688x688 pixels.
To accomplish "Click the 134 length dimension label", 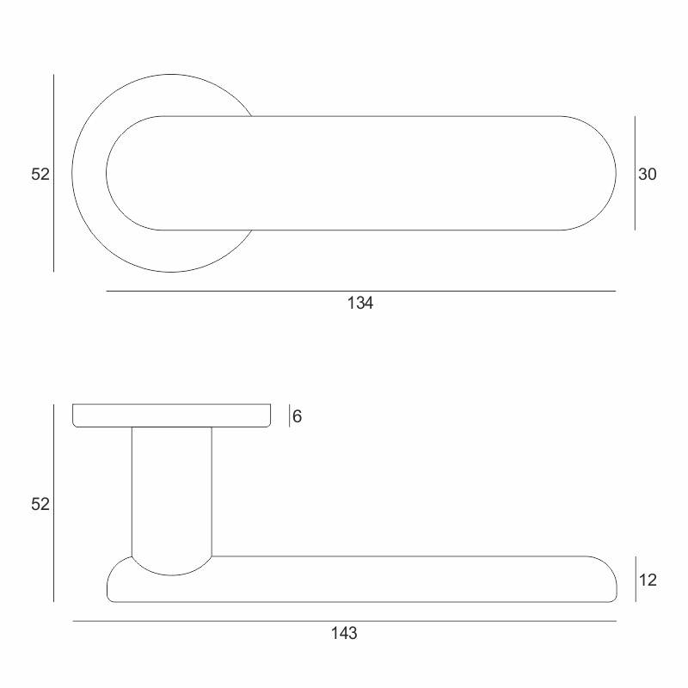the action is coord(360,304).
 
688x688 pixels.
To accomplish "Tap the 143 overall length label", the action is coord(344,633).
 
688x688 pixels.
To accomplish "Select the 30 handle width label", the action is coord(648,175).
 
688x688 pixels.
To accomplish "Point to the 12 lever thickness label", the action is coord(648,580).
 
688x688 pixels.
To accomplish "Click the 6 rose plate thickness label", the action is coord(297,416).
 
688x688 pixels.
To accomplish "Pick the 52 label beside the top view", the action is coord(40,175).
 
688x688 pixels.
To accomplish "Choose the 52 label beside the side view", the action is coord(40,504).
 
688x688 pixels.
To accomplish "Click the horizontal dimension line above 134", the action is coord(360,291).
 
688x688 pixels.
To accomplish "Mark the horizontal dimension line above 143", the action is coord(345,621).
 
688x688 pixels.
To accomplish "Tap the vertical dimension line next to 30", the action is coord(635,174).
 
